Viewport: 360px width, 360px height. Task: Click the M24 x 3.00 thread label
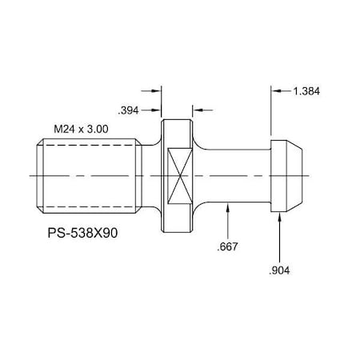point(81,128)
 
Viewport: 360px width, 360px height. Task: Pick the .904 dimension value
point(279,270)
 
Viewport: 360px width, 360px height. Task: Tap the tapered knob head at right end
point(286,175)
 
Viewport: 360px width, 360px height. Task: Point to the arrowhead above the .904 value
point(279,217)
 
